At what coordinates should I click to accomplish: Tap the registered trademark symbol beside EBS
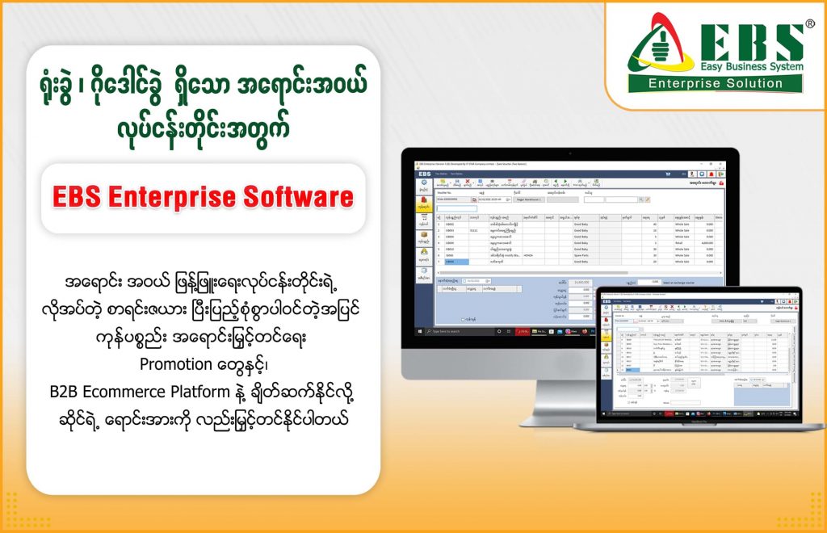click(x=809, y=24)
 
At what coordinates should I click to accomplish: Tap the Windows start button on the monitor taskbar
click(x=421, y=331)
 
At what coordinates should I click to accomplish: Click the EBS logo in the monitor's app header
click(x=425, y=173)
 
